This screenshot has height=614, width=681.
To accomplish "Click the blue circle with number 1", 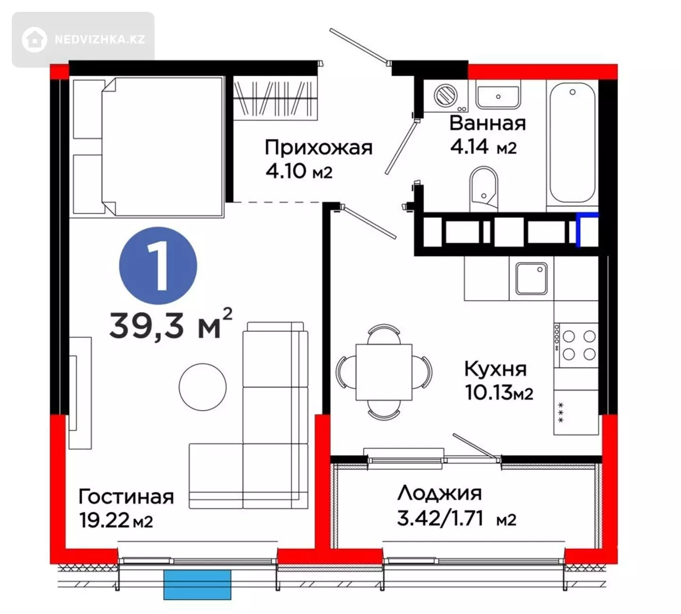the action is pos(158,266).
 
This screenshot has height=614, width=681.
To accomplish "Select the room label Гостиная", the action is pos(126,497).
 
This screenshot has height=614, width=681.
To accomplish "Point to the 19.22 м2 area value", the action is pos(116,520).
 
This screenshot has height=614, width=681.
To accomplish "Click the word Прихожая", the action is pos(318,147).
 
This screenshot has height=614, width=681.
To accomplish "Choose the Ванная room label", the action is pos(488,123).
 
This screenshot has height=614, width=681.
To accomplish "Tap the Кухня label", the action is pos(495,369).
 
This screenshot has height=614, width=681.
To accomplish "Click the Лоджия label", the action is pos(439,493).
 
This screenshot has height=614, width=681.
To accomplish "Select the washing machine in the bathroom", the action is pos(446,96).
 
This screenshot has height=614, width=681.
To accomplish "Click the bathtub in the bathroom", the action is pos(572,143).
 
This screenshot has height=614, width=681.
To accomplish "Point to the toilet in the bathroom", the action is pos(484,189).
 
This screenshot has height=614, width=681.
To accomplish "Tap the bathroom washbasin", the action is pos(498,95).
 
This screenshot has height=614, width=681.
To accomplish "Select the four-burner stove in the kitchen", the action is pos(576,345).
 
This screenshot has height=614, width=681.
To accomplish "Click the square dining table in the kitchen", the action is pos(384,372).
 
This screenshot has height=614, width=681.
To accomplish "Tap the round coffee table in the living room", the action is pos(203,387).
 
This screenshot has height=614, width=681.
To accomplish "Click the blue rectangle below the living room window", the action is pos(197,585).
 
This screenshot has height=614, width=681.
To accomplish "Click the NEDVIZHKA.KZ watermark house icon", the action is pos(35,40).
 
